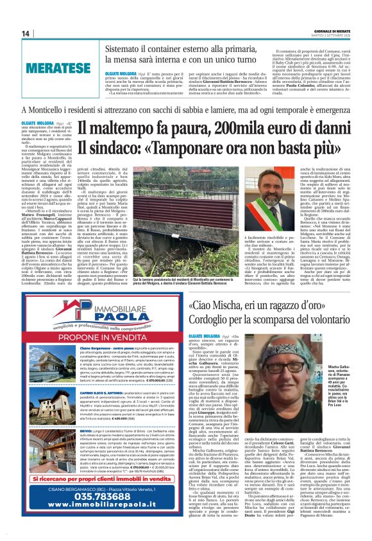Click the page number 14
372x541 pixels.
point(26,33)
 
